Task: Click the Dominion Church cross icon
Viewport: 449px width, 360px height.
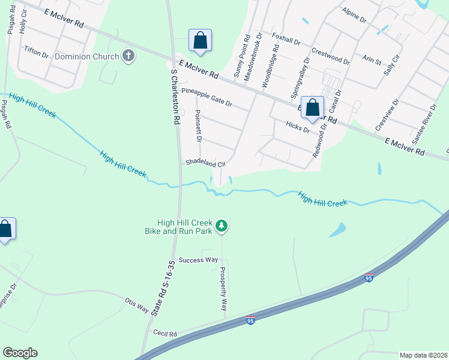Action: tap(128, 56)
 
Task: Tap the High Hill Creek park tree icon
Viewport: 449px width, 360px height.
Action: tap(222, 226)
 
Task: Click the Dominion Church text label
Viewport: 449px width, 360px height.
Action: tap(87, 56)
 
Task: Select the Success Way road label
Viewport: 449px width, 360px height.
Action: tap(199, 260)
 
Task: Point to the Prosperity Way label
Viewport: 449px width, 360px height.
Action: tap(223, 288)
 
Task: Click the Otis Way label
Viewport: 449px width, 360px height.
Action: tap(136, 304)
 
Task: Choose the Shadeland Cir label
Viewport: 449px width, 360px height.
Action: tap(205, 163)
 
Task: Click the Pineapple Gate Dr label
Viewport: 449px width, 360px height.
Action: tap(206, 98)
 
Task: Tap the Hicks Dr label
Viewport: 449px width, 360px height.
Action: tap(298, 126)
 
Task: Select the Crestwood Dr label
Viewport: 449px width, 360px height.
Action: tap(331, 56)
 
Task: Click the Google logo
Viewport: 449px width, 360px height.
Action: tap(20, 353)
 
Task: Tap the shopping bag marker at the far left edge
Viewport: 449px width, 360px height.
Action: tap(5, 230)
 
